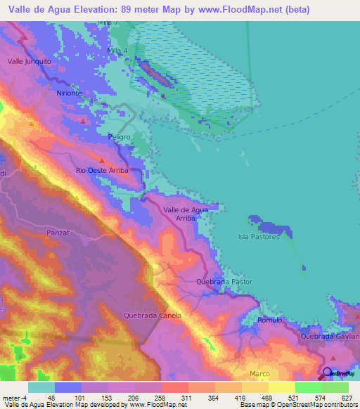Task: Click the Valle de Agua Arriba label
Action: point(185,214)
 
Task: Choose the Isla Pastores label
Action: point(259,237)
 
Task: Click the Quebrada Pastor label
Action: point(224,282)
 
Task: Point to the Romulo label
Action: point(269,320)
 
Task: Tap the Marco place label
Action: point(259,373)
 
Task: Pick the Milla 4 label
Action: point(117,51)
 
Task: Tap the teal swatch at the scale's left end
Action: point(41,387)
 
